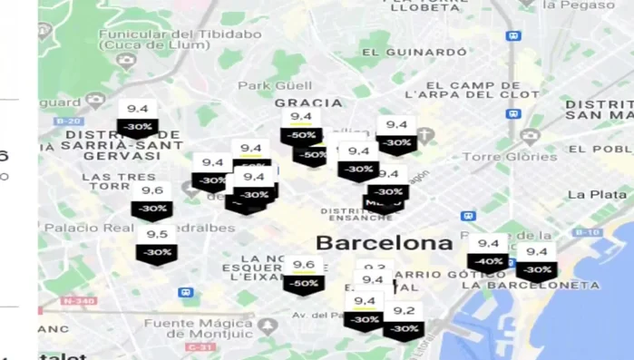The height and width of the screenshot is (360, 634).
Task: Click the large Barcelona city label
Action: (x=383, y=243)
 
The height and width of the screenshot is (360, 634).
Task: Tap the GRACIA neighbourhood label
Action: (x=308, y=102)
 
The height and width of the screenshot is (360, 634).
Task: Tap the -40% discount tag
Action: (x=488, y=261)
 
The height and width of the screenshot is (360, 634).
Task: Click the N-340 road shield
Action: (x=79, y=301)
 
